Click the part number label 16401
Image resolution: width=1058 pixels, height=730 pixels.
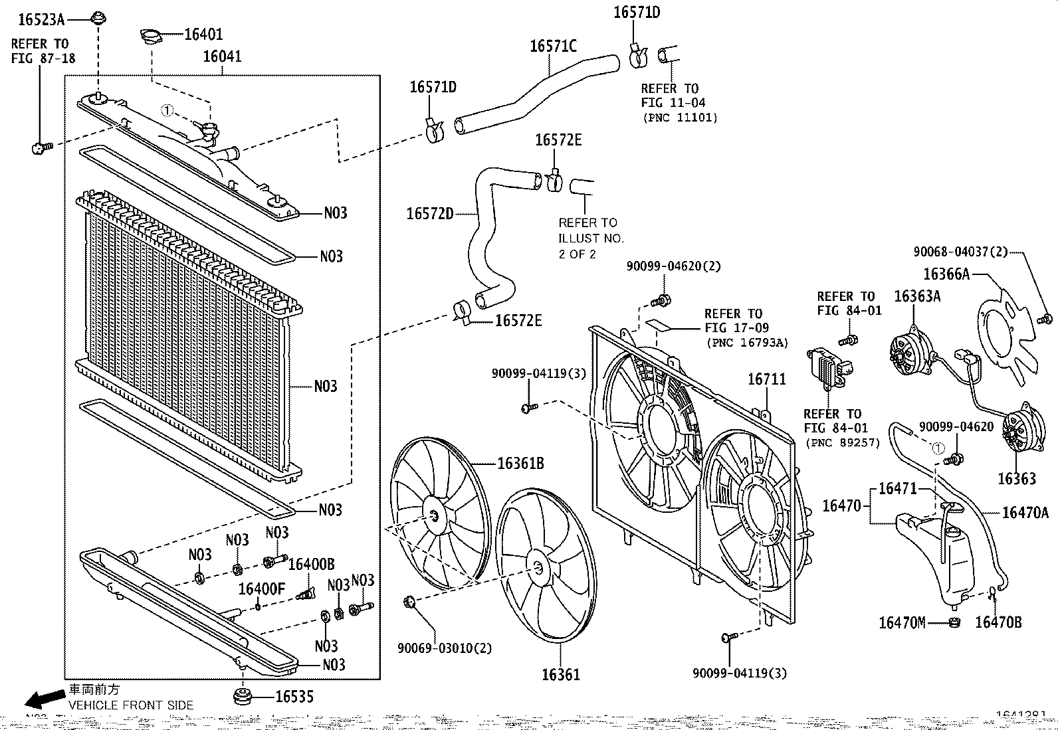[203, 35]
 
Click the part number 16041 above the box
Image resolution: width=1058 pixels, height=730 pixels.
[222, 57]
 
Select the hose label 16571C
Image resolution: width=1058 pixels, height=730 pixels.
[553, 46]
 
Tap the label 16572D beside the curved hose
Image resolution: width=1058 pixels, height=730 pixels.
[430, 214]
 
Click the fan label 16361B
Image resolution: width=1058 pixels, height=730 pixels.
[520, 464]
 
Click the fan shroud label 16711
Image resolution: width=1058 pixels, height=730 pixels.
[767, 379]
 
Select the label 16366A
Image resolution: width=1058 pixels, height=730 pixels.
[946, 274]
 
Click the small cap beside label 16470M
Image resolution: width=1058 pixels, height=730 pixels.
[954, 622]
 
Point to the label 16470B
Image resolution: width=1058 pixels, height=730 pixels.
[998, 622]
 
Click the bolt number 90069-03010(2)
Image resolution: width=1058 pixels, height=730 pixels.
[445, 648]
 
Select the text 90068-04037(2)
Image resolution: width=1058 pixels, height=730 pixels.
[960, 252]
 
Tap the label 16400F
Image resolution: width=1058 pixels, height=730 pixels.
[261, 589]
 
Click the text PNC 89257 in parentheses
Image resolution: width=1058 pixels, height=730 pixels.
[842, 443]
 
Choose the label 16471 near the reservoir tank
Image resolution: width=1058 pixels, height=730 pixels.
[897, 489]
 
